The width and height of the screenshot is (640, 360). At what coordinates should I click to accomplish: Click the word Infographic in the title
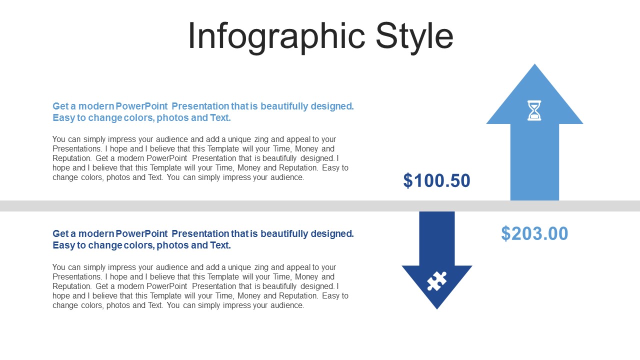point(276,37)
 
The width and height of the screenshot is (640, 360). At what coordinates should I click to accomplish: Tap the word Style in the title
point(414,37)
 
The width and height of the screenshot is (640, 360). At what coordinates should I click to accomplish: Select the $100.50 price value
point(436,180)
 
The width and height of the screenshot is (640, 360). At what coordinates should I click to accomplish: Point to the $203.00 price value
point(534,233)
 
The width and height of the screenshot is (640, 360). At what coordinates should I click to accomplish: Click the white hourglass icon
point(534,110)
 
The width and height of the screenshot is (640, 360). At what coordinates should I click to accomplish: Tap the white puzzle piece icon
point(436,281)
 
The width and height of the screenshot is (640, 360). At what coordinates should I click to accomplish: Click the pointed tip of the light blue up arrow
point(534,64)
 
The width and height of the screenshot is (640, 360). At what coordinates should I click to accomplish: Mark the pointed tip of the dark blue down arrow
point(437,309)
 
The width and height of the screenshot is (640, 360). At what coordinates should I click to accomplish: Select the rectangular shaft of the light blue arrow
point(534,162)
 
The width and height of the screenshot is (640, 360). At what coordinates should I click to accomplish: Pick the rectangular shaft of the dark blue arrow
point(437,238)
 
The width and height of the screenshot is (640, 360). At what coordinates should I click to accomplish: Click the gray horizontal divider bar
point(320,206)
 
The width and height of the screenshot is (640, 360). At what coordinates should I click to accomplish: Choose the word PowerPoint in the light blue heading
point(141,106)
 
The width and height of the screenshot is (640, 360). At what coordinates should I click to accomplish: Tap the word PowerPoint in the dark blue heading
point(141,233)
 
